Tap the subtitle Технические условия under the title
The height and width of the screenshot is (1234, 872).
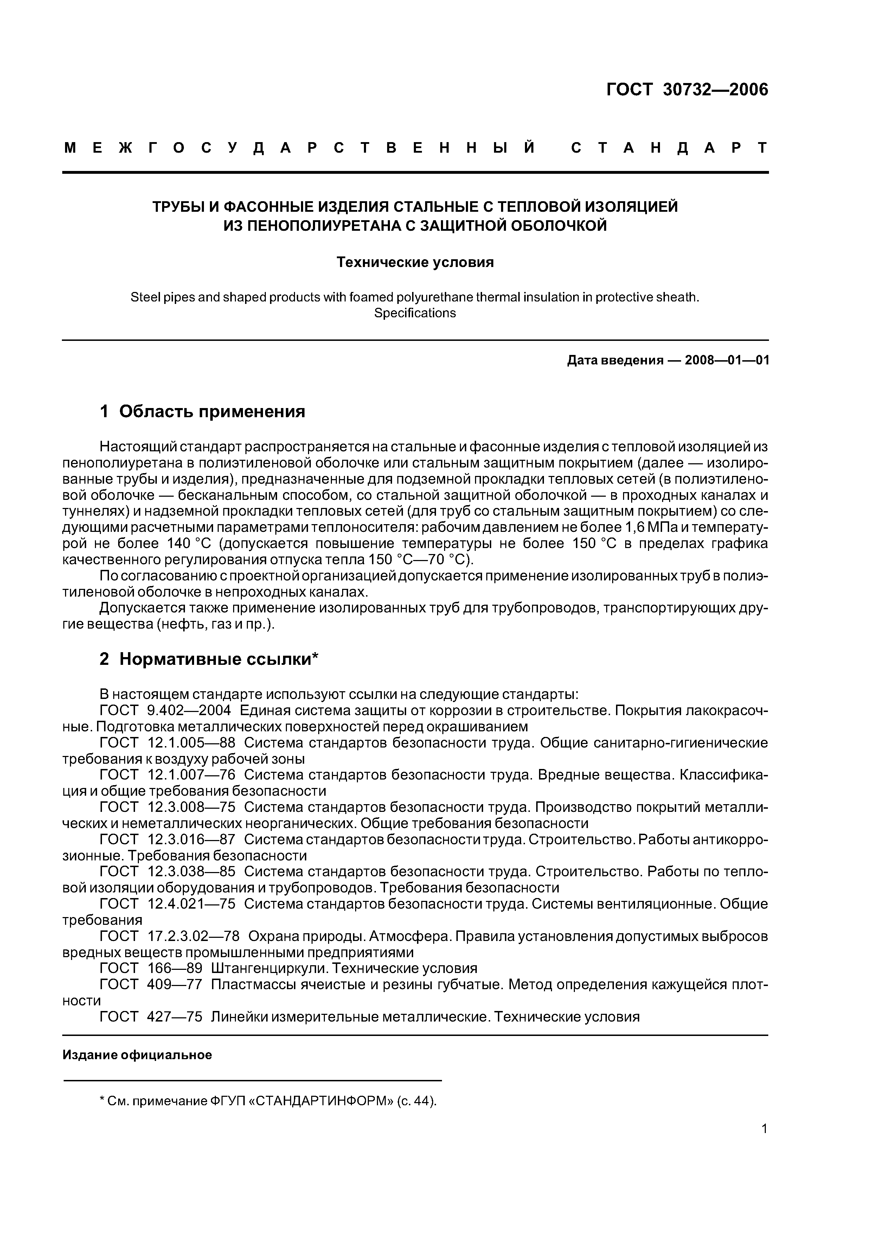click(x=415, y=262)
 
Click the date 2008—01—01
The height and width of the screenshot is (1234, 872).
click(x=727, y=360)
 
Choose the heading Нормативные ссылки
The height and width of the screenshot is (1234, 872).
click(x=219, y=659)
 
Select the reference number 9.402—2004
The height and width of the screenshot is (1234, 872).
click(x=188, y=711)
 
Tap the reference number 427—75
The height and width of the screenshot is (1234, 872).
click(x=175, y=1017)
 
